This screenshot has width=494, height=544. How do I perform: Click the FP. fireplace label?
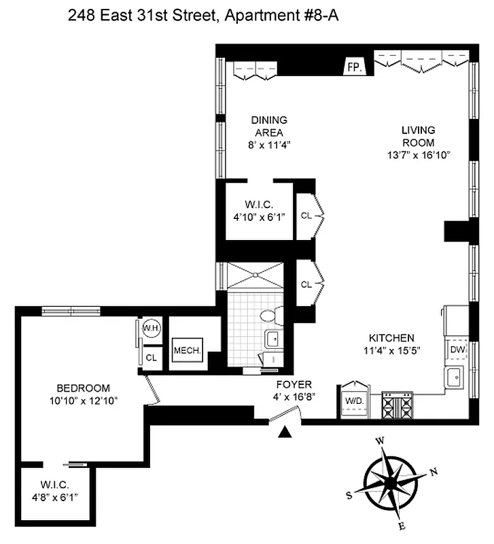click(353, 67)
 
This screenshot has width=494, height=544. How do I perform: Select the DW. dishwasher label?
click(457, 350)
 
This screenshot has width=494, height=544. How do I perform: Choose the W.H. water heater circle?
click(151, 328)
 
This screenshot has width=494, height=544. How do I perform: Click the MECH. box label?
click(186, 351)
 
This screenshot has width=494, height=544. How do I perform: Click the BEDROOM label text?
click(75, 388)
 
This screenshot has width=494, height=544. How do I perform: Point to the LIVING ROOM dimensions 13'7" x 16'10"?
click(417, 155)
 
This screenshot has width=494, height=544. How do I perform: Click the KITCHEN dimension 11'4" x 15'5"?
click(391, 351)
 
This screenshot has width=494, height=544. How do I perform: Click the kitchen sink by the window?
click(453, 377)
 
